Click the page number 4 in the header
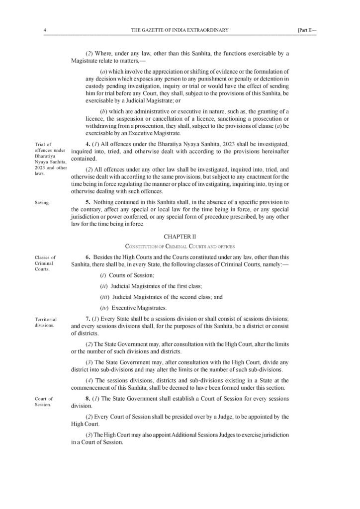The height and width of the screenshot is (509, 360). (x=45, y=30)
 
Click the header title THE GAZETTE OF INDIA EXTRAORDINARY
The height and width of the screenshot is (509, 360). (x=180, y=30)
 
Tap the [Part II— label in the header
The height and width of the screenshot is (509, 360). (x=306, y=30)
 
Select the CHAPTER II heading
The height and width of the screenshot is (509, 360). (x=180, y=237)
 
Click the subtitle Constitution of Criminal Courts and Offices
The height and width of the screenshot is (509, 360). (x=180, y=246)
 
